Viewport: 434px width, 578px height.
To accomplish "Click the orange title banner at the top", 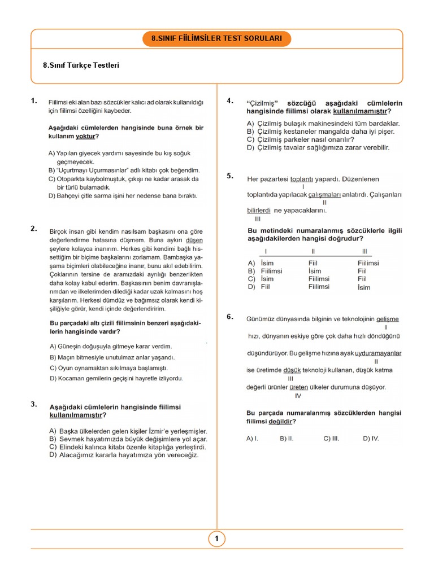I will pyautogui.click(x=217, y=39).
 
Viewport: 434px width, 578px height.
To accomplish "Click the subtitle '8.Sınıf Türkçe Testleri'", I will pyautogui.click(x=81, y=65).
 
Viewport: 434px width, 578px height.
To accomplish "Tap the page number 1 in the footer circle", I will pyautogui.click(x=216, y=539).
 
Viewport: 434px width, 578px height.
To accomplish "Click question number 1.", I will pyautogui.click(x=34, y=102).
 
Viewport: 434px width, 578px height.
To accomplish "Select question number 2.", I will pyautogui.click(x=34, y=229).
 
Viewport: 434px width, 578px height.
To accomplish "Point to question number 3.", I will pyautogui.click(x=34, y=404).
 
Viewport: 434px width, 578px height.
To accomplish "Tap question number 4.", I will pyautogui.click(x=230, y=101).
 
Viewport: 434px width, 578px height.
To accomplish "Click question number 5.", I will pyautogui.click(x=230, y=176).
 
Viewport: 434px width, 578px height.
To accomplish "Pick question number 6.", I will pyautogui.click(x=230, y=317).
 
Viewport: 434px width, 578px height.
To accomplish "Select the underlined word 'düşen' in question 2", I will pyautogui.click(x=194, y=239).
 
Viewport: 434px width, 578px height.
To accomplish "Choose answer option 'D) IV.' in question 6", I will pyautogui.click(x=371, y=438).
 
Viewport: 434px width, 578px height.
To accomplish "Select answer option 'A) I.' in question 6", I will pyautogui.click(x=252, y=438).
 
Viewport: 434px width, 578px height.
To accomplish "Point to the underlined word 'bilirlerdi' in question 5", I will pyautogui.click(x=259, y=211).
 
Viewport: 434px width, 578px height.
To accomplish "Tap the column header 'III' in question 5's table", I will pyautogui.click(x=364, y=251).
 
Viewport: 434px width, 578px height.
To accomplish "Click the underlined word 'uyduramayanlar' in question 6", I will pyautogui.click(x=378, y=353).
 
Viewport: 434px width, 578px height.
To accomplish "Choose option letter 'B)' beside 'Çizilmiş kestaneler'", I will pyautogui.click(x=250, y=132).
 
